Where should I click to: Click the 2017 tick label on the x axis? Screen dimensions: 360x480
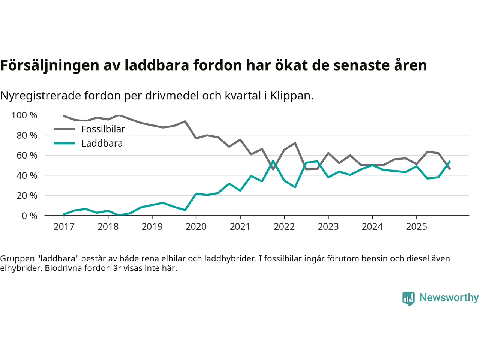pyautogui.click(x=64, y=227)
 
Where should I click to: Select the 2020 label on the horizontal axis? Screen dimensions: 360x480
pyautogui.click(x=196, y=227)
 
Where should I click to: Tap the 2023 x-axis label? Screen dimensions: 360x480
pyautogui.click(x=328, y=227)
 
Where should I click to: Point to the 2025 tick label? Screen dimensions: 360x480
pyautogui.click(x=416, y=227)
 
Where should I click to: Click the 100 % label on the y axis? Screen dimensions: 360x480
pyautogui.click(x=24, y=115)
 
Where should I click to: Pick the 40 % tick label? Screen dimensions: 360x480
pyautogui.click(x=27, y=175)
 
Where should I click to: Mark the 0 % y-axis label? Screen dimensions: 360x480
pyautogui.click(x=29, y=216)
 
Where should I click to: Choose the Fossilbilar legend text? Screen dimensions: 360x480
pyautogui.click(x=103, y=129)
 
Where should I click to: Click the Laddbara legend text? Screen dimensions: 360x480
pyautogui.click(x=102, y=144)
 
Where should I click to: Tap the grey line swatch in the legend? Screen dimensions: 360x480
pyautogui.click(x=64, y=129)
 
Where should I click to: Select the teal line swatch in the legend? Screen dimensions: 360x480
pyautogui.click(x=64, y=144)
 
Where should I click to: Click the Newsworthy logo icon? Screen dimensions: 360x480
pyautogui.click(x=408, y=298)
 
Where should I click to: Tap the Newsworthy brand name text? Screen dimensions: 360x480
pyautogui.click(x=449, y=297)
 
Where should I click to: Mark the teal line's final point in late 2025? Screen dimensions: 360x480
pyautogui.click(x=450, y=162)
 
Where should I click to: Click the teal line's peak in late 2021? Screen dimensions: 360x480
pyautogui.click(x=273, y=161)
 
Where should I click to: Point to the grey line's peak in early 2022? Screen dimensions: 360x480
pyautogui.click(x=295, y=143)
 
